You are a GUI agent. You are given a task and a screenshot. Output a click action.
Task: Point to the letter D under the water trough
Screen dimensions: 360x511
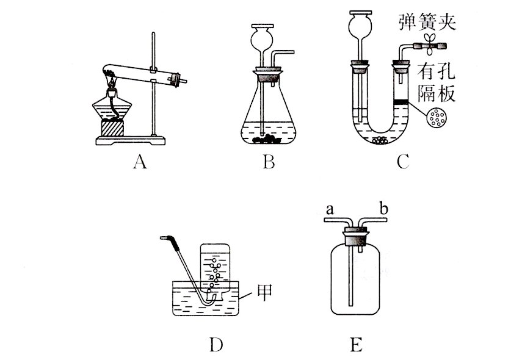click(x=216, y=345)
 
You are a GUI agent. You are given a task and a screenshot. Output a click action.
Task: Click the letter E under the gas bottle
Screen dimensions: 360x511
click(x=356, y=345)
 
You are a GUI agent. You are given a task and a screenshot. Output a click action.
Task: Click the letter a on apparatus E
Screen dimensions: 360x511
click(x=328, y=209)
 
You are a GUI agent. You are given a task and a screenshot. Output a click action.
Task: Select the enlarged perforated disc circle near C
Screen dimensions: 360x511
click(x=438, y=118)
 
